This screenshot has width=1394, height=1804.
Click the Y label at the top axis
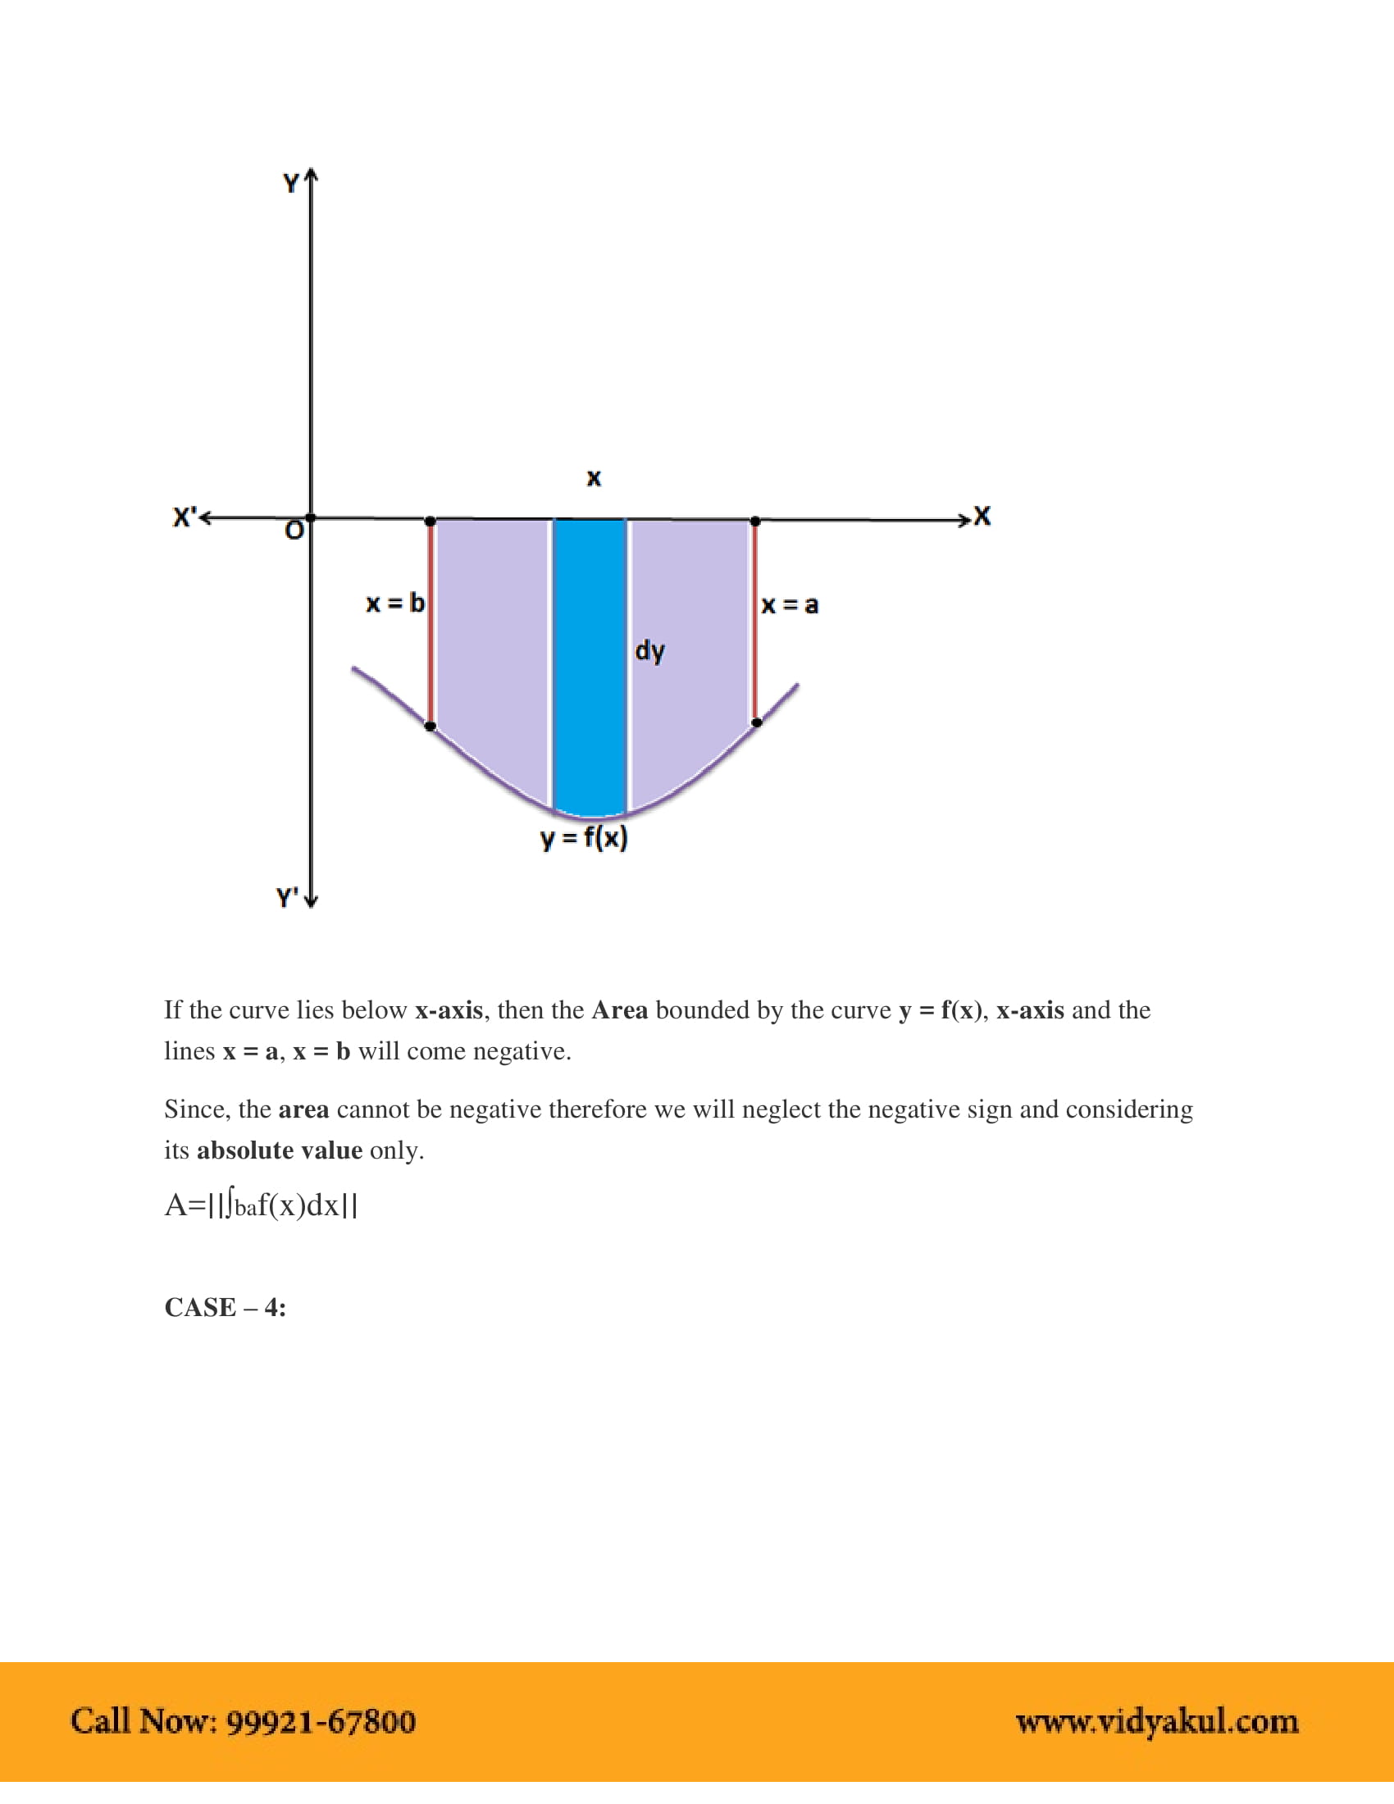tap(291, 184)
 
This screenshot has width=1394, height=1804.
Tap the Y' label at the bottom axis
tap(287, 897)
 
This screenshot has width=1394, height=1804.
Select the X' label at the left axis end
tap(184, 518)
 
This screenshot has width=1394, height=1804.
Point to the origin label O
tap(294, 531)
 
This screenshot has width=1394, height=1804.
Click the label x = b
tap(394, 603)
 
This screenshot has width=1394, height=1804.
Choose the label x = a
tap(790, 605)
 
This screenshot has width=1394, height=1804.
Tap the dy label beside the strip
tap(650, 652)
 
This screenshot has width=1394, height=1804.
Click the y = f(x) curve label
tap(584, 838)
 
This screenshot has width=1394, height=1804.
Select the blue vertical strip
tap(590, 661)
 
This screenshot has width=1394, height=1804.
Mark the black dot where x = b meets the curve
tap(430, 726)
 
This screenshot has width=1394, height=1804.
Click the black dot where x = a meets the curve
tap(757, 722)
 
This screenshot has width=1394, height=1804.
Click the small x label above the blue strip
tap(594, 478)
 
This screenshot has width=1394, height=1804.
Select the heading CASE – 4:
tap(225, 1308)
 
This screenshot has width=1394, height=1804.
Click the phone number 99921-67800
tap(321, 1722)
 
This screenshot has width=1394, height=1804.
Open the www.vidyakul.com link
tap(1157, 1722)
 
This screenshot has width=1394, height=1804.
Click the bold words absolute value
tap(279, 1150)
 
